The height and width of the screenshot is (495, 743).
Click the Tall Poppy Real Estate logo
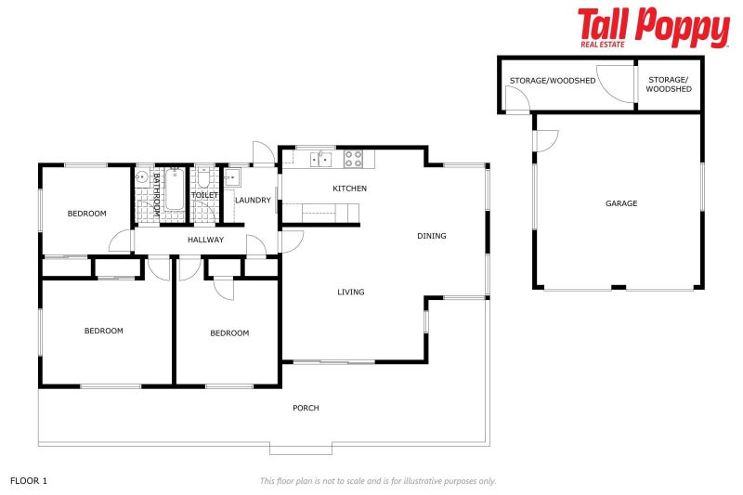pos(653,27)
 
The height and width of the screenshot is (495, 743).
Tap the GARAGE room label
pos(621,203)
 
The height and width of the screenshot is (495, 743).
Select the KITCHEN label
pos(350,189)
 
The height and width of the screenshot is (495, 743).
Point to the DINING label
pos(432,236)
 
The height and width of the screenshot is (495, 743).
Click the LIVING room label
pos(351,293)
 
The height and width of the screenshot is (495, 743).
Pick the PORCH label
pos(306,408)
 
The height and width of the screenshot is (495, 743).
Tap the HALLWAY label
pos(205,240)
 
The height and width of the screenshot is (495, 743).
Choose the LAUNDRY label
pos(253,200)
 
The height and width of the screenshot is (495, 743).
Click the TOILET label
pos(204,195)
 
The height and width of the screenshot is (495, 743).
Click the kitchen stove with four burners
pos(353,159)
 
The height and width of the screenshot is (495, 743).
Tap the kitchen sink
pos(320,160)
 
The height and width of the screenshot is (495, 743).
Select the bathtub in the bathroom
pos(174,195)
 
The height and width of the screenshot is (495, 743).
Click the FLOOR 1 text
pos(29,480)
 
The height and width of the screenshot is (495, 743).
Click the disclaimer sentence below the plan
pos(378,480)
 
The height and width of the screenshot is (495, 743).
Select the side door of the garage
pos(545,140)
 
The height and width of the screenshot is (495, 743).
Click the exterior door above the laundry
pos(264,154)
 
